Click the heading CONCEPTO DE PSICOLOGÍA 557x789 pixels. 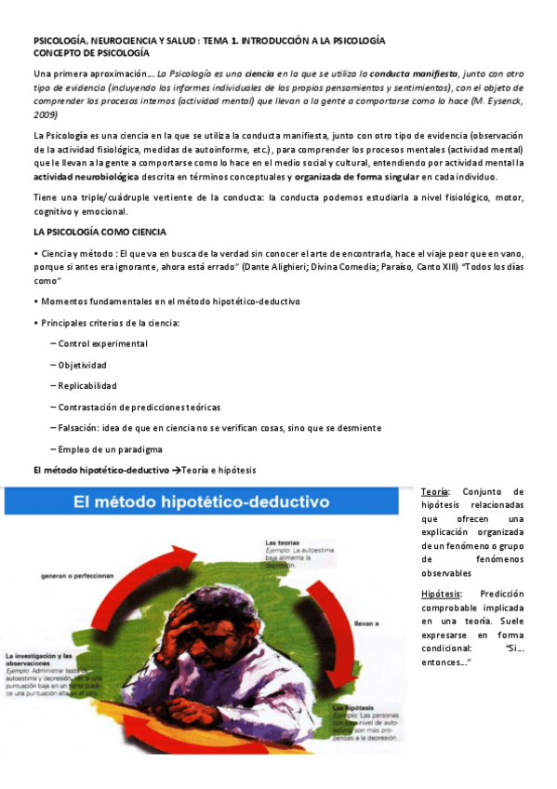[91, 54]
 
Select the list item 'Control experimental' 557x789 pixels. [102, 343]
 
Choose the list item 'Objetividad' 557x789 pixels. [82, 365]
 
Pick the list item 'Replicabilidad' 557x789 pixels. [87, 385]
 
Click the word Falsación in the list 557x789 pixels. [80, 427]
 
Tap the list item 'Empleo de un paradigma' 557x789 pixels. [110, 448]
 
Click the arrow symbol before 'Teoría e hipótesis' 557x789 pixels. [178, 470]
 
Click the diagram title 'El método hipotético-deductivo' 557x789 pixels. [203, 502]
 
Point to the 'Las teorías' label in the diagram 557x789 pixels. [282, 541]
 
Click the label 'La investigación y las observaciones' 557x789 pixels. [46, 659]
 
